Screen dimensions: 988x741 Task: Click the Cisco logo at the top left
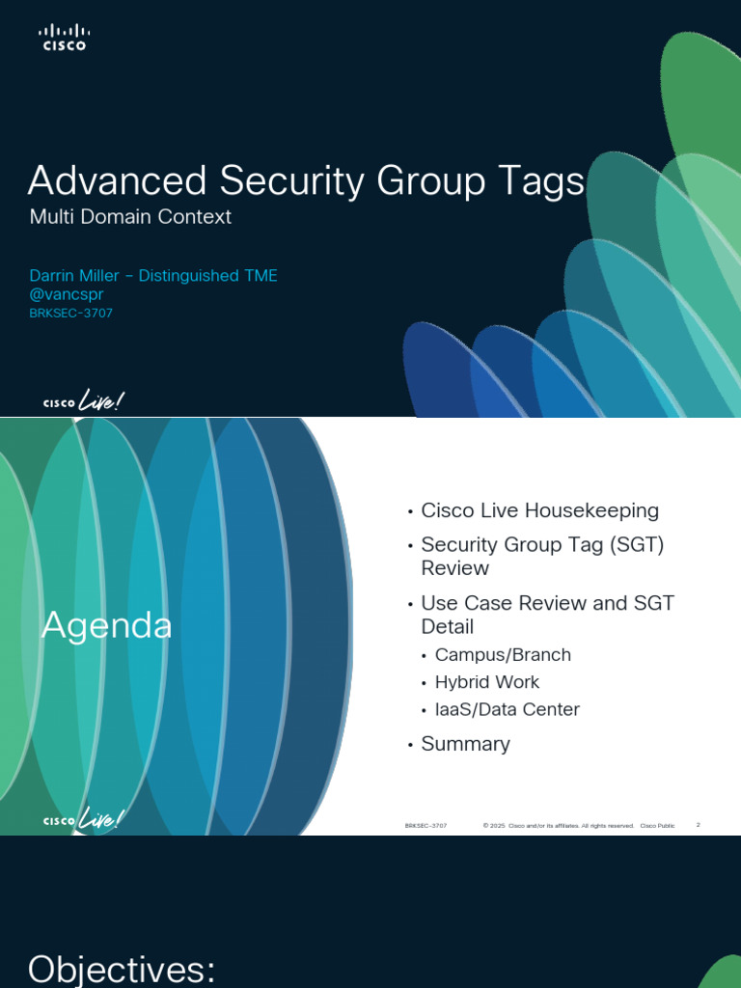tap(63, 38)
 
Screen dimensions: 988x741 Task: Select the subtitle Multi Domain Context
tap(130, 217)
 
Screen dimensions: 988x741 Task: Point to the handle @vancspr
tap(67, 295)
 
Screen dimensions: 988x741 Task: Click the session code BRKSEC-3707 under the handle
tap(71, 314)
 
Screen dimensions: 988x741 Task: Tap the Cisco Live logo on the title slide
tap(84, 402)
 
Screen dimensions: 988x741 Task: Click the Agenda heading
tap(106, 627)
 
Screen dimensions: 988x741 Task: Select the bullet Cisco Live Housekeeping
tap(539, 510)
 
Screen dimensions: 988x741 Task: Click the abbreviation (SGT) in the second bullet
tap(636, 545)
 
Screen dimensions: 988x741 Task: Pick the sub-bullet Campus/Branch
tap(503, 655)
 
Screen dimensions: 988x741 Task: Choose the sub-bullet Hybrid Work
tap(487, 682)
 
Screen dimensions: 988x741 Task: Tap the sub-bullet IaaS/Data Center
tap(507, 709)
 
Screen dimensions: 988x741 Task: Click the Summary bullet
tap(465, 744)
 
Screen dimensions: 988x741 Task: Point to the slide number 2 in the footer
tap(698, 825)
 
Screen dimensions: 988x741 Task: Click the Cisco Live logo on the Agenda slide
tap(84, 820)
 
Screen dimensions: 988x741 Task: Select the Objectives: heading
tap(122, 969)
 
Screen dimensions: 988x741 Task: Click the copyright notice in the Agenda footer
tap(559, 826)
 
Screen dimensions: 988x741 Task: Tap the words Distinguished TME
tap(208, 276)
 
